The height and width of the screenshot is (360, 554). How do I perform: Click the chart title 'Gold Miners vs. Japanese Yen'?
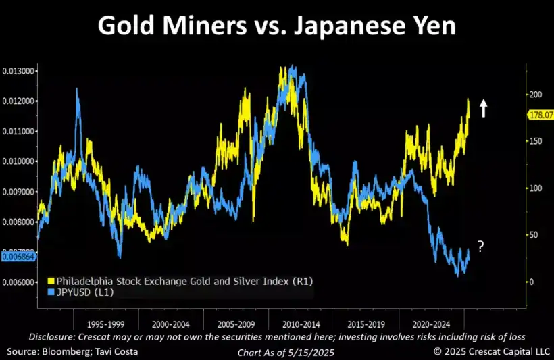(276, 27)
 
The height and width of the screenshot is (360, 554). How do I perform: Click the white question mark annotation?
(480, 247)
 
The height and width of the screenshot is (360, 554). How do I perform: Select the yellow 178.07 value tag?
(538, 115)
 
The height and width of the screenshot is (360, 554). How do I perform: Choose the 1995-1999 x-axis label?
(105, 324)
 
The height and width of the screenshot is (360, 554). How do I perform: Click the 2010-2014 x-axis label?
(301, 324)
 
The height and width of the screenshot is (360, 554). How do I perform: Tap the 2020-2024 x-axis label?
(432, 324)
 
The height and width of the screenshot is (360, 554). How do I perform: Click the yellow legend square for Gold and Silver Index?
(51, 280)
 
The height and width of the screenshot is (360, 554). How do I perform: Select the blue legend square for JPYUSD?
(51, 292)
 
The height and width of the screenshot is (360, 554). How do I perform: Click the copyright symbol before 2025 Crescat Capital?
(438, 351)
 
